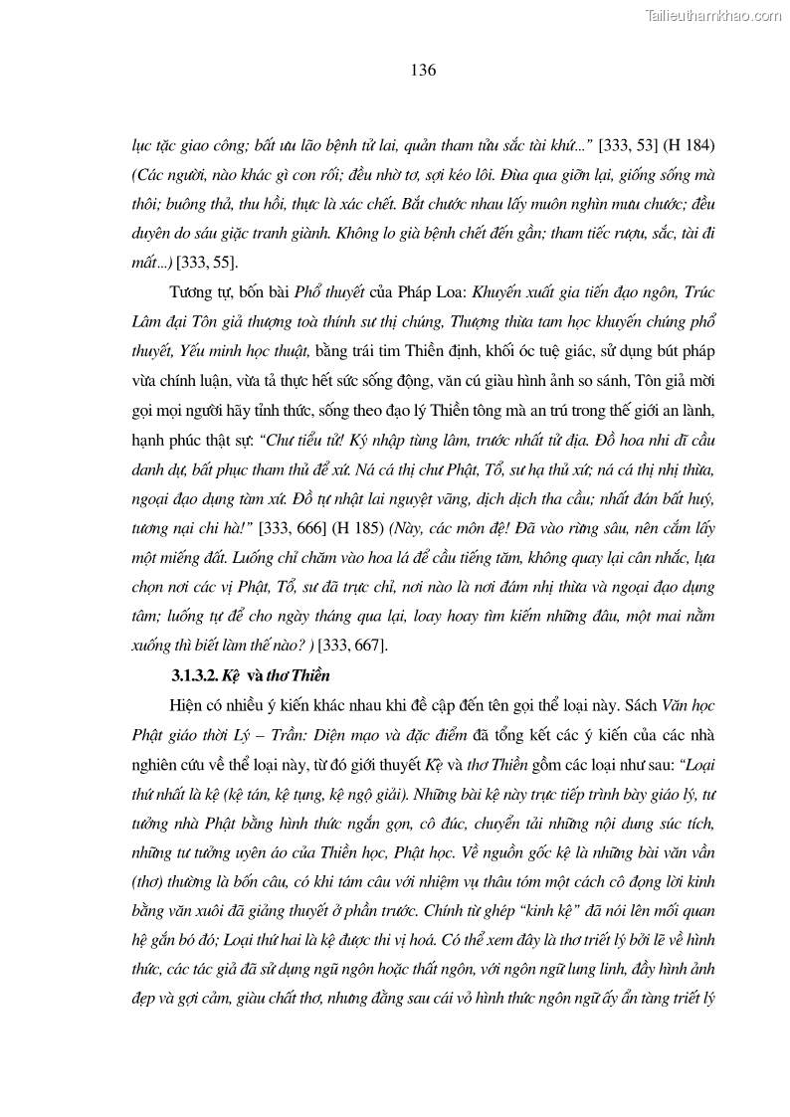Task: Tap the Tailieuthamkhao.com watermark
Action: click(713, 15)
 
